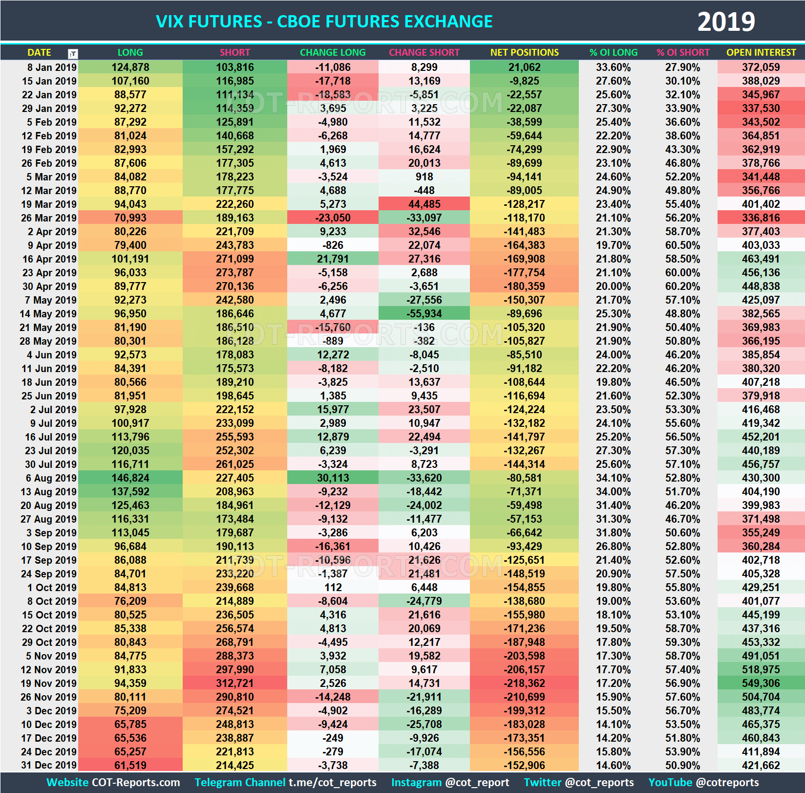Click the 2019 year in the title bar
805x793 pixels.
tap(726, 22)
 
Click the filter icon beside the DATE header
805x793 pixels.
tap(73, 53)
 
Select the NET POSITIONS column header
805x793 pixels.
tap(524, 52)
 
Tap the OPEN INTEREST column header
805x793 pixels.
tap(761, 52)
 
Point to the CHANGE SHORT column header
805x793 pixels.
tap(424, 52)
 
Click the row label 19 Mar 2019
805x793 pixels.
tap(49, 204)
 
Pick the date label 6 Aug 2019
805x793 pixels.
tap(51, 478)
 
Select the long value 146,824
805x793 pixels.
tap(130, 478)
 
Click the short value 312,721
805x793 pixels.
tap(235, 683)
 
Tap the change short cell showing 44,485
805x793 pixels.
tap(424, 204)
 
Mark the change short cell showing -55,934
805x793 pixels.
tap(424, 313)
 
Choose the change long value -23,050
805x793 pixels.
tap(333, 218)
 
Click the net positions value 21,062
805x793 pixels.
tap(524, 67)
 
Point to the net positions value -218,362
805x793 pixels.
tap(524, 683)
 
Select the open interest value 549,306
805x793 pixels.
tap(761, 683)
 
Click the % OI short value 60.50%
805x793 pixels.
tap(682, 245)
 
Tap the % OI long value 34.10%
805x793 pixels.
tap(613, 478)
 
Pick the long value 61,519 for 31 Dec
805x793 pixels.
tap(130, 765)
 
